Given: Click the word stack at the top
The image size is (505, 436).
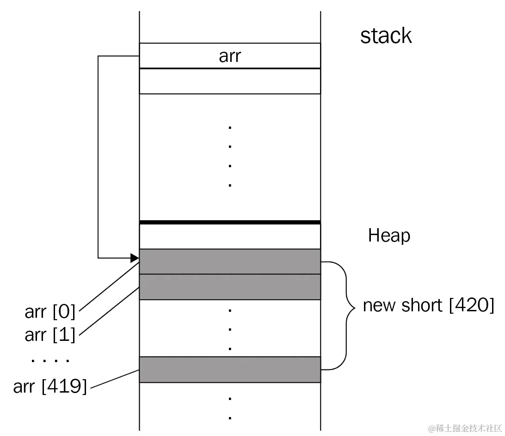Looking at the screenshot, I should [386, 36].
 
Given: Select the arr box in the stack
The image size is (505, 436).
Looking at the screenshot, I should [230, 56].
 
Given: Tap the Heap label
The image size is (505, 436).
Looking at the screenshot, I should [389, 236].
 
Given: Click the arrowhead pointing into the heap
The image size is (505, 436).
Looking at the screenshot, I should [135, 257].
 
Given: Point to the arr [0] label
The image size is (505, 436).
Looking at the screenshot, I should [50, 312].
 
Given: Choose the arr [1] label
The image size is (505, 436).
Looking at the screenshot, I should [50, 334].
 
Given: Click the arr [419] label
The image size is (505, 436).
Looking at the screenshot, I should [50, 386].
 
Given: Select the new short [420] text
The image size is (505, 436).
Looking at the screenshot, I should [428, 305].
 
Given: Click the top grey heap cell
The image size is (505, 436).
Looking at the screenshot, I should [230, 261].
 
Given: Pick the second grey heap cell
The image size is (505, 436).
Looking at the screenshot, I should [230, 287].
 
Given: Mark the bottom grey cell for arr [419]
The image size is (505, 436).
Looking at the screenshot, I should [230, 369].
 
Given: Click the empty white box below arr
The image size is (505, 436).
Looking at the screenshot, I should [230, 81].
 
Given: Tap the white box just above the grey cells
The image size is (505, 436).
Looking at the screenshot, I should [230, 236].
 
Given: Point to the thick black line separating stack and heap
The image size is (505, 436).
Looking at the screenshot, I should [230, 222].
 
